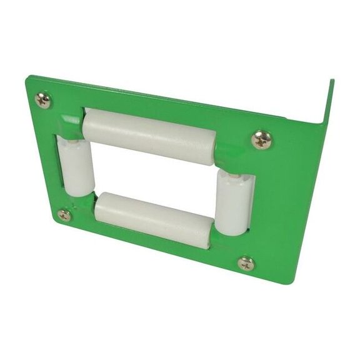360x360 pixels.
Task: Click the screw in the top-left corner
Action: tap(44, 100)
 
